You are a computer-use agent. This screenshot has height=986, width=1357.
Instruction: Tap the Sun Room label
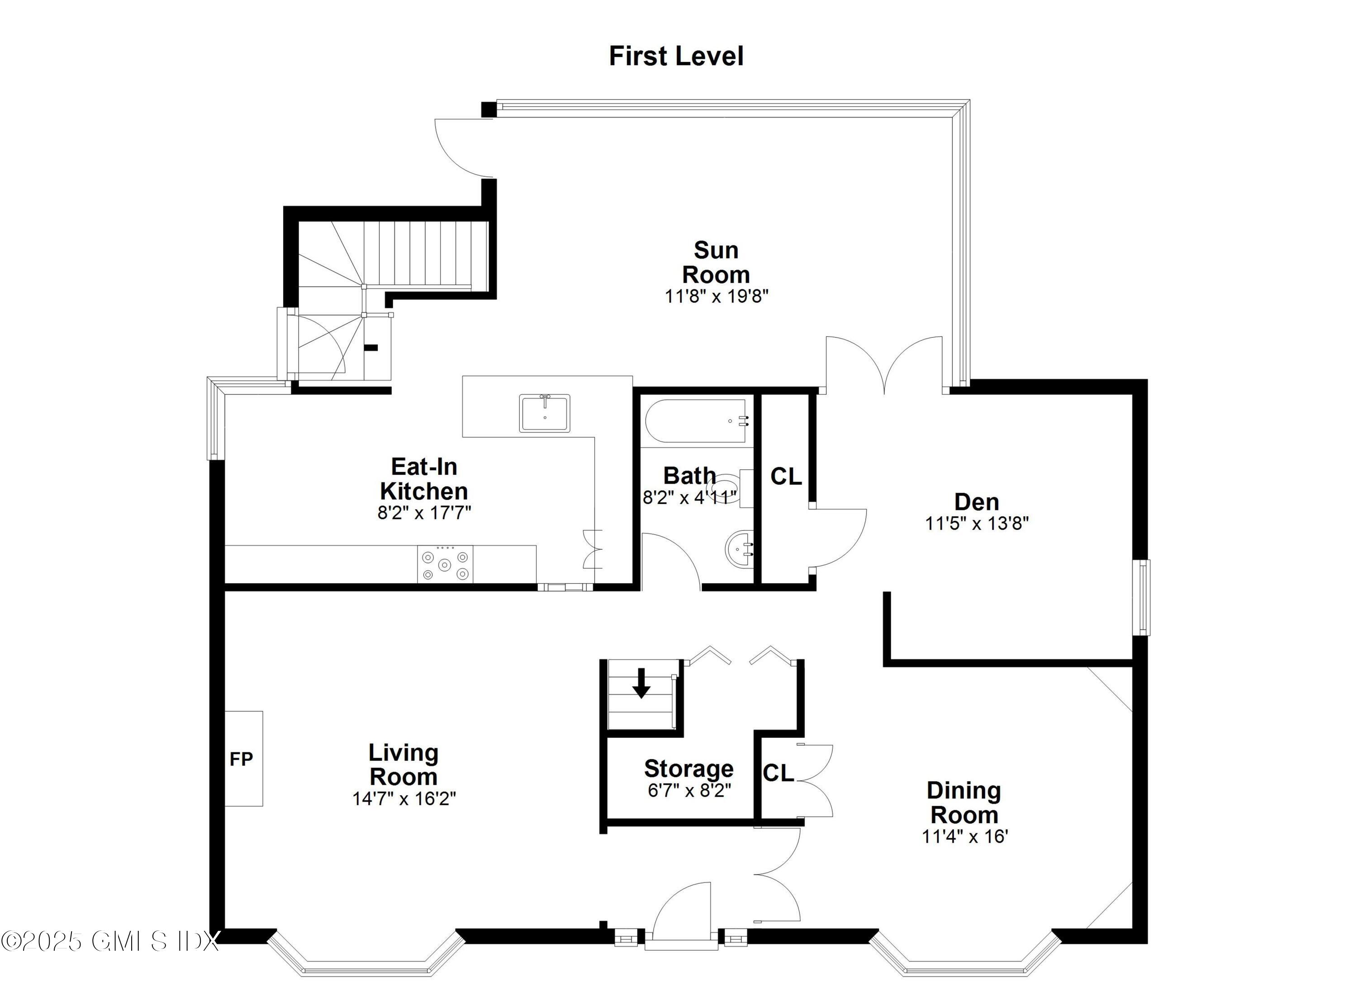[716, 263]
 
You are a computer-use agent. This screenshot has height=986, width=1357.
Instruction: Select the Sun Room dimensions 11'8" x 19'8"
[716, 297]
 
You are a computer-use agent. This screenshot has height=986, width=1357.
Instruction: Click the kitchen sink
[545, 413]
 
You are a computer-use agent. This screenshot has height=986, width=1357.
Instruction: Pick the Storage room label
[688, 769]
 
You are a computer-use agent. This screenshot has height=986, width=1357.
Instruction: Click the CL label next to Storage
[778, 773]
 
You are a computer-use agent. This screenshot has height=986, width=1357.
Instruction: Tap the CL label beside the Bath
[786, 476]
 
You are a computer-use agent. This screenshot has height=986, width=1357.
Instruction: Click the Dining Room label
[963, 802]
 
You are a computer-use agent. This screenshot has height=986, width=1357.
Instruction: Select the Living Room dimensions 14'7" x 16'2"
[404, 799]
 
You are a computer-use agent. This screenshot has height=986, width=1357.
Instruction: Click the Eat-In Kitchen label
[424, 478]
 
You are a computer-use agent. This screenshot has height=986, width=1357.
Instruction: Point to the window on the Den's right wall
[1144, 597]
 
